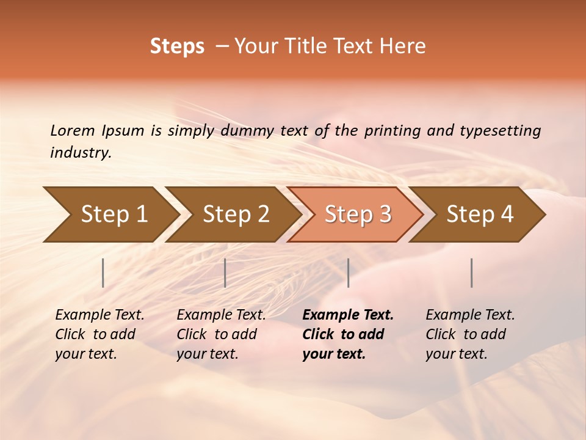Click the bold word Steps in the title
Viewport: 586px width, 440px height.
tap(177, 46)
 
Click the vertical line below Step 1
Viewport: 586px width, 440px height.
tap(103, 273)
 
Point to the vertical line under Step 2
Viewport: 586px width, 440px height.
tap(225, 273)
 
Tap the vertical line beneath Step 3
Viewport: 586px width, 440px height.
tap(349, 273)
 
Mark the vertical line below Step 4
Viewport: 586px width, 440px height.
tap(472, 273)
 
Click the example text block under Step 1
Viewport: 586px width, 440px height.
tap(99, 334)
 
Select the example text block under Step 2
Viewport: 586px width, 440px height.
tap(221, 334)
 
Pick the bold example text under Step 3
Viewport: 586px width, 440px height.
tap(348, 334)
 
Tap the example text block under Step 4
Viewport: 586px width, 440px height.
tap(470, 334)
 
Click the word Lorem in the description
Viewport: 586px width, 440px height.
tap(72, 130)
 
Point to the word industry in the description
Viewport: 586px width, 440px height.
tap(81, 153)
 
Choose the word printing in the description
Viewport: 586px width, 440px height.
tap(395, 131)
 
